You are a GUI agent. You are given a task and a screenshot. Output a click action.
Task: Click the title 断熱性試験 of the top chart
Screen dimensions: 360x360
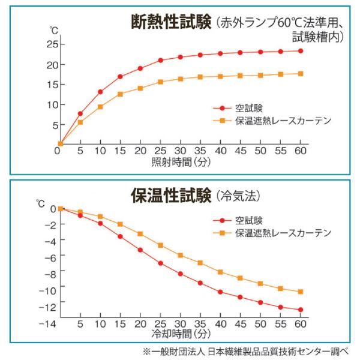[x=171, y=22]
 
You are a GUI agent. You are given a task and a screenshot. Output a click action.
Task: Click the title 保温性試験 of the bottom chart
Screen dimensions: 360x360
[x=169, y=196]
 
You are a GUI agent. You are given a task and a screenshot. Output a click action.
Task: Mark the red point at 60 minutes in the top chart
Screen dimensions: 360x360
[x=301, y=51]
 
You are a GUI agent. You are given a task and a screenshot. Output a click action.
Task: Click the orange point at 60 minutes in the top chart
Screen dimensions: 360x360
[x=301, y=74]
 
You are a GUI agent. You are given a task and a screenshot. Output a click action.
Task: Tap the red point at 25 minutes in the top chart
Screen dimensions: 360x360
[x=160, y=60]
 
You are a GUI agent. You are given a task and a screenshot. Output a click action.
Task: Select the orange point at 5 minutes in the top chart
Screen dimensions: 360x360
[x=80, y=122]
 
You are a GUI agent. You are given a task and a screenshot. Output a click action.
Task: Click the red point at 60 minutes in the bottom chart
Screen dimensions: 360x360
[x=301, y=310]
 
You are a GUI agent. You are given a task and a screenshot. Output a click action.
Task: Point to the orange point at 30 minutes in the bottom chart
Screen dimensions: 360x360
[x=180, y=256]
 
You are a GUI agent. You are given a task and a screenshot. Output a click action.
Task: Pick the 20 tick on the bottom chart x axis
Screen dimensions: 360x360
[x=140, y=325]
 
